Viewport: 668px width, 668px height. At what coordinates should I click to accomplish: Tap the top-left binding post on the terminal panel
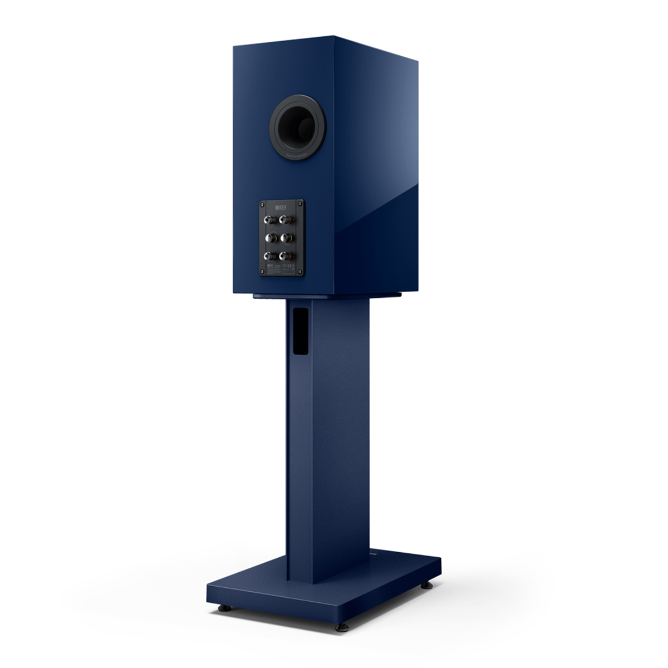tap(271, 220)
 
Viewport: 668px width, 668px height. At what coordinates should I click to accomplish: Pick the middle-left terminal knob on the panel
tap(271, 238)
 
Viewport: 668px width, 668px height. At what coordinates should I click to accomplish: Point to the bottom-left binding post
tap(271, 256)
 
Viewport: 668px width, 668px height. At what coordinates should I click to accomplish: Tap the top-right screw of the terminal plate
tap(301, 203)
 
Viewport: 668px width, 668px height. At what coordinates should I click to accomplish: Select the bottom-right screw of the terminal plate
tap(301, 272)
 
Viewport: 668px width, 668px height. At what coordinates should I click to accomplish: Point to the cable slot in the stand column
tap(299, 332)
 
